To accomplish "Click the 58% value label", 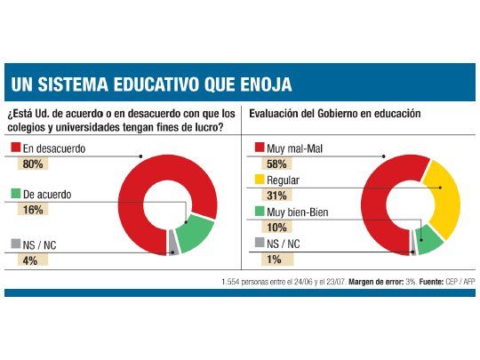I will pyautogui.click(x=275, y=164).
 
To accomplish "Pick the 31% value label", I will pyautogui.click(x=274, y=196).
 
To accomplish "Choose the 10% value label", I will pyautogui.click(x=275, y=228).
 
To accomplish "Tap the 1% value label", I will pyautogui.click(x=272, y=259).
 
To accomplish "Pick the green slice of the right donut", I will pyautogui.click(x=429, y=237).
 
